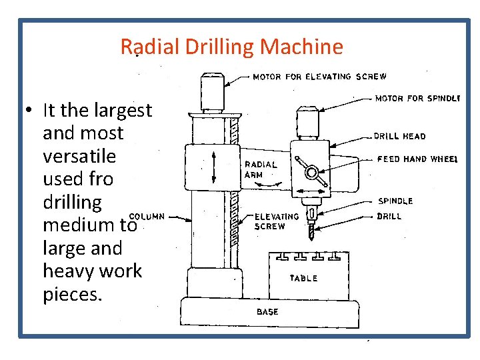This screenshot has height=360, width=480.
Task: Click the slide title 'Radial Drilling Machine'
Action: (x=231, y=47)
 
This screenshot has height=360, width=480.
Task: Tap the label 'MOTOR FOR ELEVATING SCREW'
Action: (x=319, y=77)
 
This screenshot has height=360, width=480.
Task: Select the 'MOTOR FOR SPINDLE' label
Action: (x=417, y=99)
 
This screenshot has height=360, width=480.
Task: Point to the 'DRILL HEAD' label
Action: (x=400, y=136)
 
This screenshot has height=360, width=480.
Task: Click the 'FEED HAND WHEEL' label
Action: (x=417, y=159)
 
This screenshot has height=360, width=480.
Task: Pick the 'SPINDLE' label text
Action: (x=395, y=201)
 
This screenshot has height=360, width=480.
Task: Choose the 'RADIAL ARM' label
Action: (x=260, y=169)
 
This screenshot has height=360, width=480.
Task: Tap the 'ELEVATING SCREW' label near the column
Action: (x=277, y=221)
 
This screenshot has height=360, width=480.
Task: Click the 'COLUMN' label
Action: (x=146, y=216)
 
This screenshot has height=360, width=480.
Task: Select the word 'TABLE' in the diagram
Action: (x=303, y=278)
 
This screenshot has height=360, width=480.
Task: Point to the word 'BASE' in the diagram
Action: (x=267, y=311)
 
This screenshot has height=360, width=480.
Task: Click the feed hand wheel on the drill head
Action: (x=311, y=172)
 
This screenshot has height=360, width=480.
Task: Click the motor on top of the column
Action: (x=212, y=91)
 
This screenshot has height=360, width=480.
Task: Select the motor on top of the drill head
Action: (x=309, y=123)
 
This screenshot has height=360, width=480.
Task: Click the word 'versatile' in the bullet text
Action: (x=79, y=156)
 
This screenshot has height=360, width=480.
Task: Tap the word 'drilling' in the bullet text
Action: (x=72, y=202)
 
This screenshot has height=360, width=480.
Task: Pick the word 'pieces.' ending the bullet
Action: (x=73, y=294)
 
